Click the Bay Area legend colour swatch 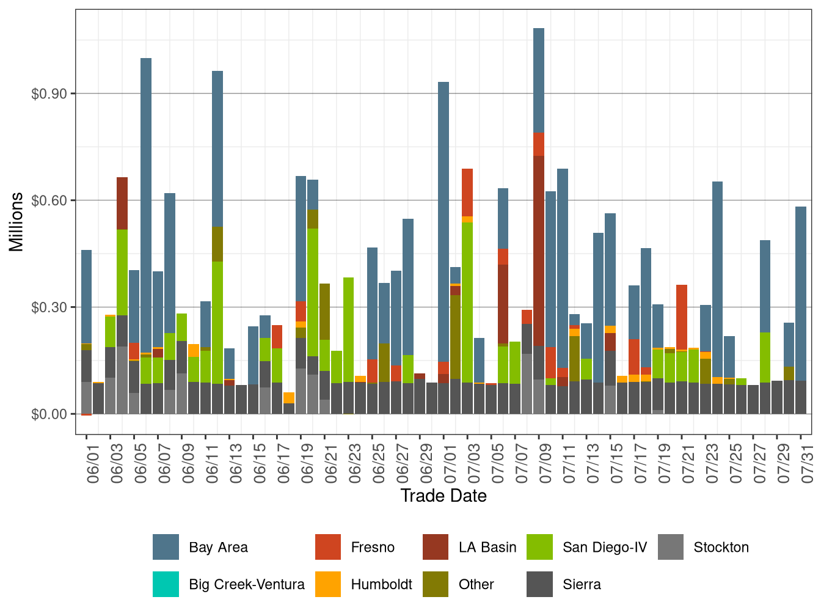point(166,547)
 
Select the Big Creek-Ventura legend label point(246,584)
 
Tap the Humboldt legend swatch point(328,584)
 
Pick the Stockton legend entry point(721,547)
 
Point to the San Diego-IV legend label point(604,547)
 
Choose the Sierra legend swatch point(539,584)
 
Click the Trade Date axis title point(443,496)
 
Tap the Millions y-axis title point(16,222)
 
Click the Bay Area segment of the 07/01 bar point(443,220)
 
